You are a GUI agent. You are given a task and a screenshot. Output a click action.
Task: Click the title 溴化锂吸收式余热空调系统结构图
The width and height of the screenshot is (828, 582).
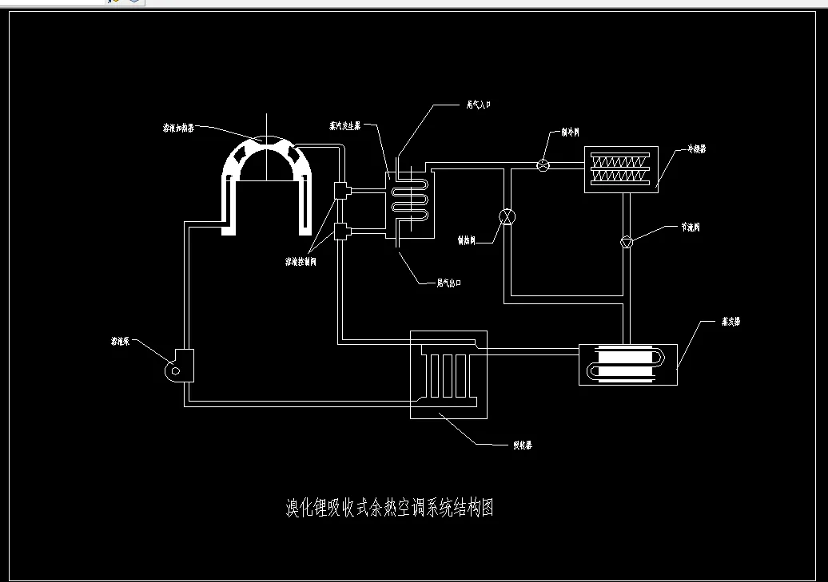(x=389, y=508)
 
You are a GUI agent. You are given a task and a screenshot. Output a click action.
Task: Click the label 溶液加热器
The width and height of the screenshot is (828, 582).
(x=178, y=128)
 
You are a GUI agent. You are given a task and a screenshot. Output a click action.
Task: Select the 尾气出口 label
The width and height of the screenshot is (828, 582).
(x=449, y=283)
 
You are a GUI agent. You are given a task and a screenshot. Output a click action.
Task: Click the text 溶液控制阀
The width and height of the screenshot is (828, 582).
(x=301, y=261)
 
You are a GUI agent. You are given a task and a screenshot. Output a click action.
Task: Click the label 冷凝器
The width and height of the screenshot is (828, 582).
(x=696, y=148)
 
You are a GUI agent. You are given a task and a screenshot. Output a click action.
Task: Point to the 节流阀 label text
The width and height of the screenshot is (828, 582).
(x=691, y=228)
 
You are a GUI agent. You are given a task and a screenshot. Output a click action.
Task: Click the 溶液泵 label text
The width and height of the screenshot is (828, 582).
(x=121, y=341)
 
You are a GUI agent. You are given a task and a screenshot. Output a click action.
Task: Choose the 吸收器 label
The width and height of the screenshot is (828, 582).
(x=522, y=445)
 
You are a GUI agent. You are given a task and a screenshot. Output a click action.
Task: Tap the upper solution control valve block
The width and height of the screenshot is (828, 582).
(x=341, y=190)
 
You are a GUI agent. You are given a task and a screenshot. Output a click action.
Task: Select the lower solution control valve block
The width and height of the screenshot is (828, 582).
(x=341, y=232)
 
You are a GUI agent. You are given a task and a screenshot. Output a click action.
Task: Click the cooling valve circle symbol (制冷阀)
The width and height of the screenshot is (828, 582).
(x=542, y=165)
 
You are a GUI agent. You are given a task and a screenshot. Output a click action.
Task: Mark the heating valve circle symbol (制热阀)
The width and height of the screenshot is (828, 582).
(x=507, y=217)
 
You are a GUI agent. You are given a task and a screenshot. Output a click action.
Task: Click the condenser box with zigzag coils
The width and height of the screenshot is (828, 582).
(x=621, y=168)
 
